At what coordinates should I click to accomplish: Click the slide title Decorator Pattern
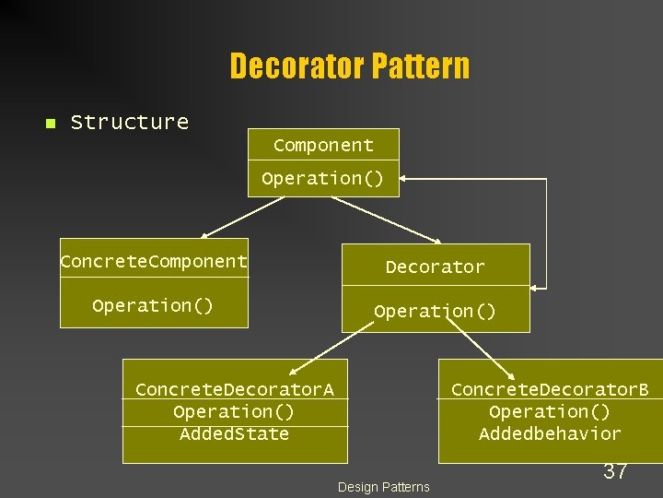pyautogui.click(x=349, y=66)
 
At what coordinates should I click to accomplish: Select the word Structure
pyautogui.click(x=130, y=122)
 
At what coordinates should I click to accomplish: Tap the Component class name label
pyautogui.click(x=323, y=145)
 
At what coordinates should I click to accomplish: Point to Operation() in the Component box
pyautogui.click(x=322, y=178)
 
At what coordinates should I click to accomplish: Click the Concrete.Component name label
pyautogui.click(x=154, y=261)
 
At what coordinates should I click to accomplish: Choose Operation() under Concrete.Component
pyautogui.click(x=153, y=304)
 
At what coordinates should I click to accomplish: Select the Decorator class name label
pyautogui.click(x=435, y=267)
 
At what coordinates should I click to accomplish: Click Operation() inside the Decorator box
pyautogui.click(x=435, y=311)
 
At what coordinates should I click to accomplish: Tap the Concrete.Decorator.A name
pyautogui.click(x=235, y=389)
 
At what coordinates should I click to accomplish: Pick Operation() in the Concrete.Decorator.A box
pyautogui.click(x=234, y=411)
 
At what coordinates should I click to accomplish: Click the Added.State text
pyautogui.click(x=234, y=433)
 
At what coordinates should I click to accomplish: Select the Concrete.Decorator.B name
pyautogui.click(x=550, y=389)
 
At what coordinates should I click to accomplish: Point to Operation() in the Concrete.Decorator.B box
pyautogui.click(x=550, y=411)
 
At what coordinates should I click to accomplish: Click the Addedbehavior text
pyautogui.click(x=550, y=433)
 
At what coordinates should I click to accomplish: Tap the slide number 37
pyautogui.click(x=615, y=471)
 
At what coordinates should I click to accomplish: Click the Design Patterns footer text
pyautogui.click(x=384, y=487)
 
